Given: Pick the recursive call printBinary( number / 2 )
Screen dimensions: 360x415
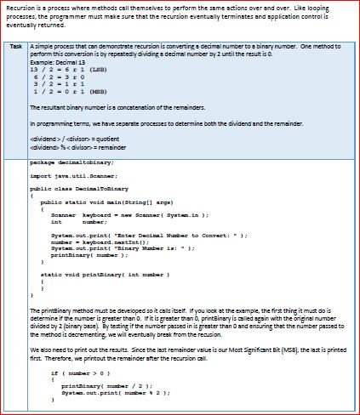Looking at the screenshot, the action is [116, 386].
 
